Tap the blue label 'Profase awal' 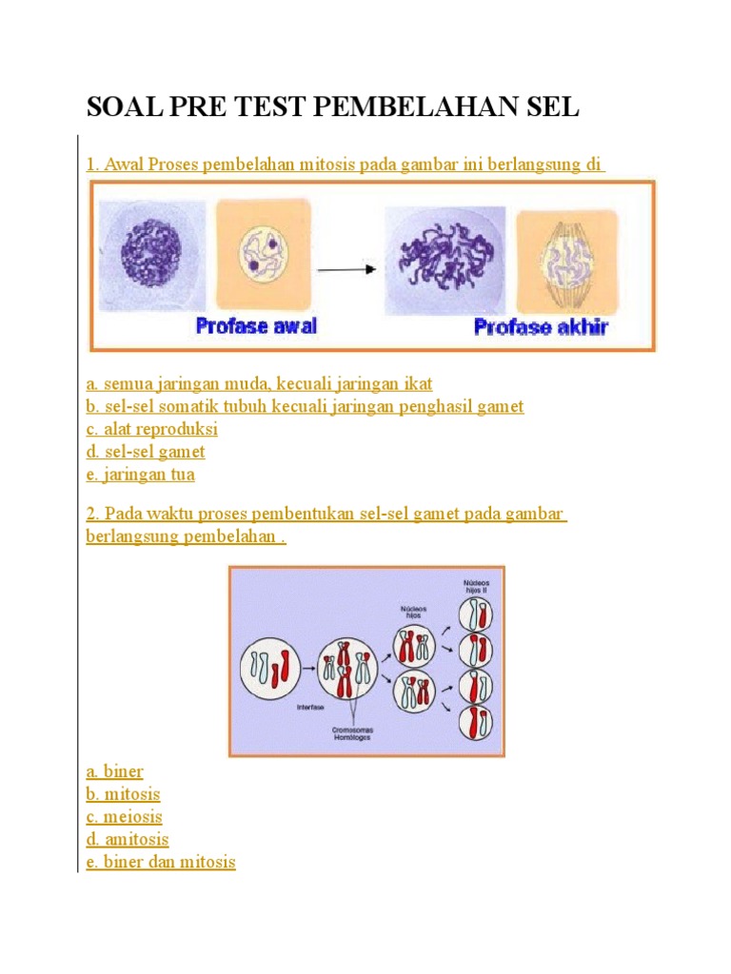(256, 326)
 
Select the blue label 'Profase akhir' (541, 328)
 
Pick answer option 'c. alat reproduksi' (151, 429)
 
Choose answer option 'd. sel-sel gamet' (145, 452)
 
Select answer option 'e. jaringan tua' (140, 474)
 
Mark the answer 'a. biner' (114, 771)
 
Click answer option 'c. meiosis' (124, 817)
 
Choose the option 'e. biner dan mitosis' (160, 863)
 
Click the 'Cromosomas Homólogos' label (352, 735)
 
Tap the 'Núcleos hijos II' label (474, 586)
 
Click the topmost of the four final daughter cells (475, 618)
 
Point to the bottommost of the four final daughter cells (475, 723)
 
